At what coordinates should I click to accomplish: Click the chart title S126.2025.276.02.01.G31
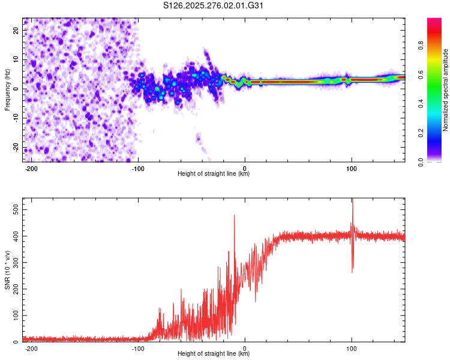[x=214, y=5]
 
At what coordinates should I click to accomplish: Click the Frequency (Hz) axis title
[x=7, y=89]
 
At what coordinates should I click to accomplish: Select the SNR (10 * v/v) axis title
[x=7, y=269]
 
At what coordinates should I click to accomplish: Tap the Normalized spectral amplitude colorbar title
[x=446, y=91]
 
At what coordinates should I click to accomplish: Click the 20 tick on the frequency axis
[x=16, y=29]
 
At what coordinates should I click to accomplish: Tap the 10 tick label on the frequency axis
[x=16, y=59]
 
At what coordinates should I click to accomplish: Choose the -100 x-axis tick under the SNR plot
[x=138, y=348]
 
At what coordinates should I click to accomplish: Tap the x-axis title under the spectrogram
[x=214, y=175]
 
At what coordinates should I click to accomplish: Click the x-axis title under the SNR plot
[x=214, y=355]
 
